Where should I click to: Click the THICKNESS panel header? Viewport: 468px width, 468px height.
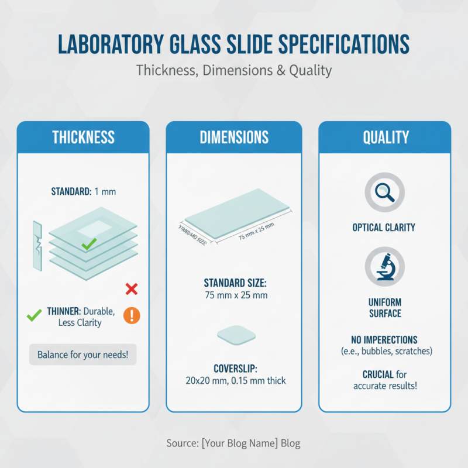point(83,137)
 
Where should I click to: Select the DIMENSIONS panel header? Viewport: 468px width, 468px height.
point(234,137)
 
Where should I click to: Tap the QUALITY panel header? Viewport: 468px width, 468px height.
point(385,137)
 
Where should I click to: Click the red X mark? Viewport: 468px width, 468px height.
point(132,288)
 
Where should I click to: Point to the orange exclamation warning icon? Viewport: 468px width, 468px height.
point(132,316)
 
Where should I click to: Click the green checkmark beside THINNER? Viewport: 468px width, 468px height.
point(34,316)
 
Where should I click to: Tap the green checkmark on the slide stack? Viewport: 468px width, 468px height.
point(89,244)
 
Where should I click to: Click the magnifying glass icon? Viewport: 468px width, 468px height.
point(385,191)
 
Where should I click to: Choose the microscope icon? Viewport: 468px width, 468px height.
point(385,267)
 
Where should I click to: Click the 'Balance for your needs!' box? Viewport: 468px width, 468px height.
point(82,355)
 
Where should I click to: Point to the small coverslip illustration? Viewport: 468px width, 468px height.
point(236,335)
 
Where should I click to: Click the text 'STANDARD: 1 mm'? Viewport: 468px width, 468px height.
point(82,191)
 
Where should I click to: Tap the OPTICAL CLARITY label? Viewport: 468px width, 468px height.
point(385,228)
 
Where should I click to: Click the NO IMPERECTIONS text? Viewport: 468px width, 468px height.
point(385,339)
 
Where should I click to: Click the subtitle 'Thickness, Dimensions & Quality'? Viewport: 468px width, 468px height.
point(234,70)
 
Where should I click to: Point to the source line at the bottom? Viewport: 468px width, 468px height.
point(234,443)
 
